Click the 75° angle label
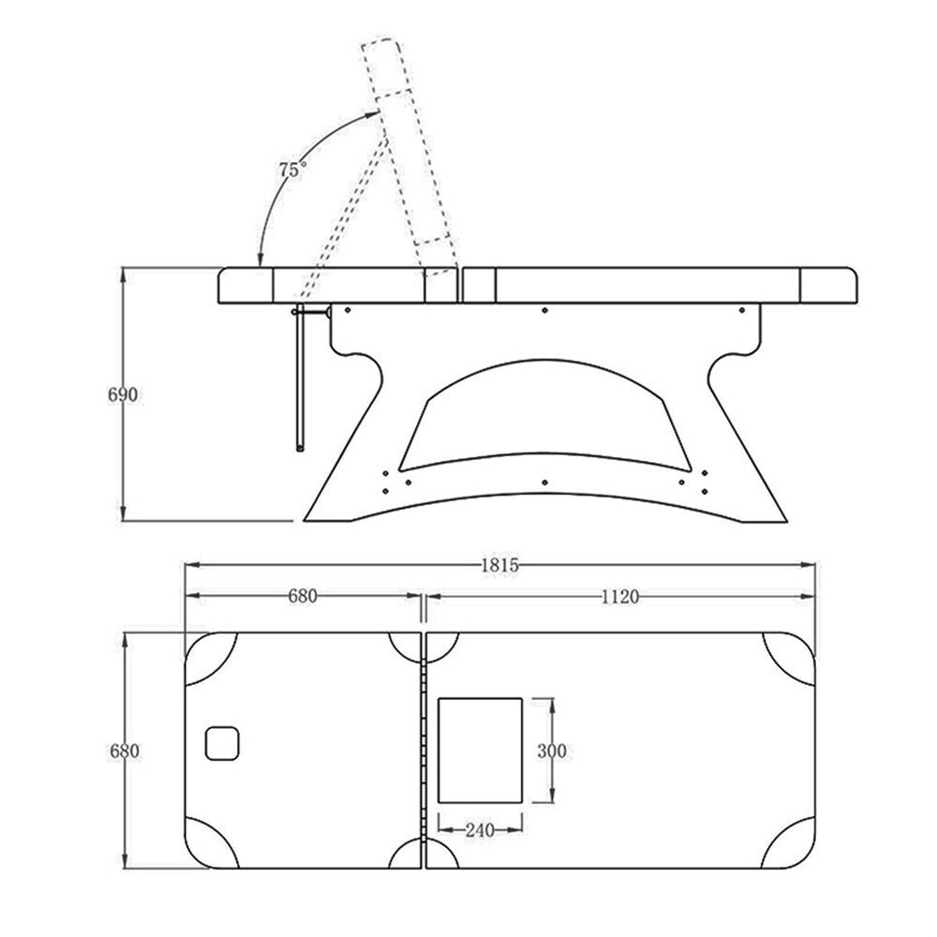293,169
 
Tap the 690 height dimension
123,394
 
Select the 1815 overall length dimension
499,565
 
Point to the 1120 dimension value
619,596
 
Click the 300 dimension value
552,751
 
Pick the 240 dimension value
480,830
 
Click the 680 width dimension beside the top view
125,751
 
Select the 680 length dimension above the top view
303,596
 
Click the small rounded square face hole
222,743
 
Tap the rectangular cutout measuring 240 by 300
480,751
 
